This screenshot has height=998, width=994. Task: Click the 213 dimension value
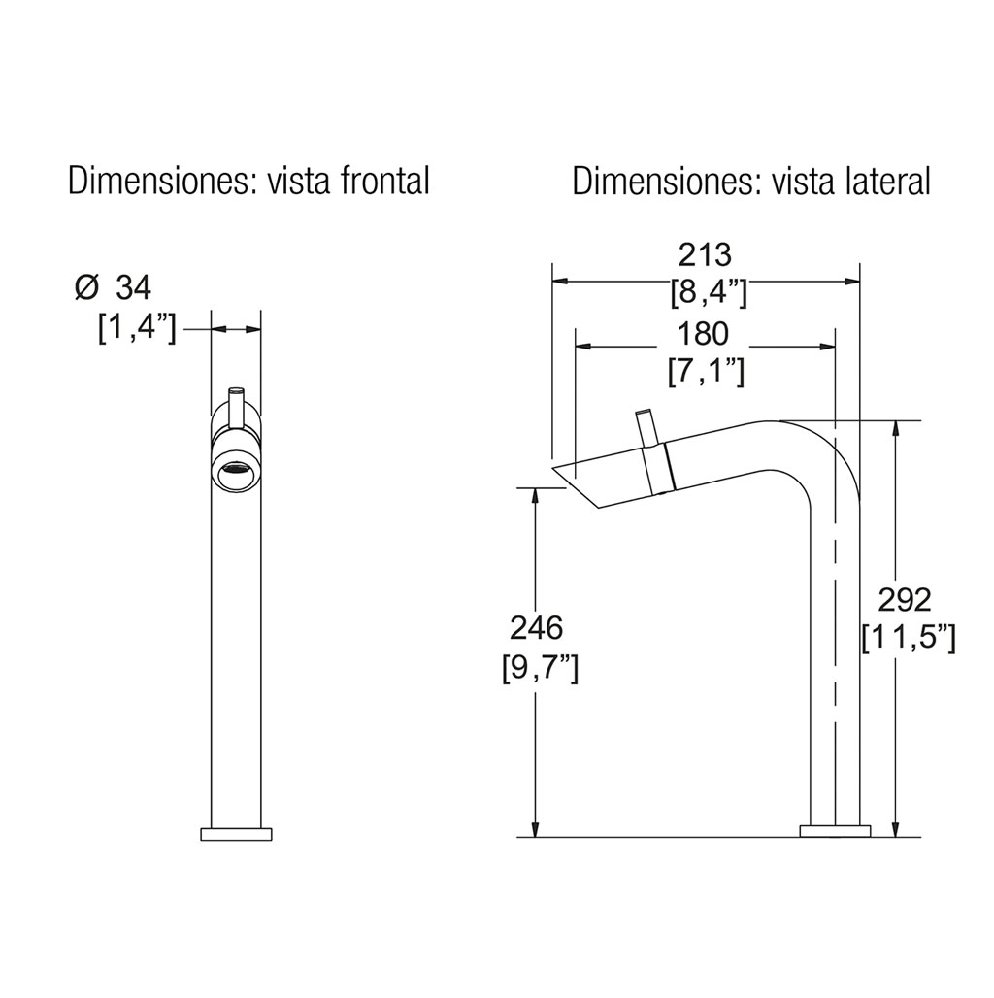pyautogui.click(x=705, y=256)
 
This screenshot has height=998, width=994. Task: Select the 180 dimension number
pyautogui.click(x=703, y=334)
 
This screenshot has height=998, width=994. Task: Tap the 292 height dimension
pyautogui.click(x=905, y=600)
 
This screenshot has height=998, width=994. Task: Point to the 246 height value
pyautogui.click(x=536, y=628)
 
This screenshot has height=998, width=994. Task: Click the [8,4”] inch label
pyautogui.click(x=709, y=293)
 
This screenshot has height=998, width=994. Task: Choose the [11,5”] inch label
pyautogui.click(x=909, y=637)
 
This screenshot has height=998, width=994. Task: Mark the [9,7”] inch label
pyautogui.click(x=540, y=667)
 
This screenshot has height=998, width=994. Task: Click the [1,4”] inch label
pyautogui.click(x=137, y=328)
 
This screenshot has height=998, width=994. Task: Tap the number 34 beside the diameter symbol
pyautogui.click(x=134, y=288)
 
